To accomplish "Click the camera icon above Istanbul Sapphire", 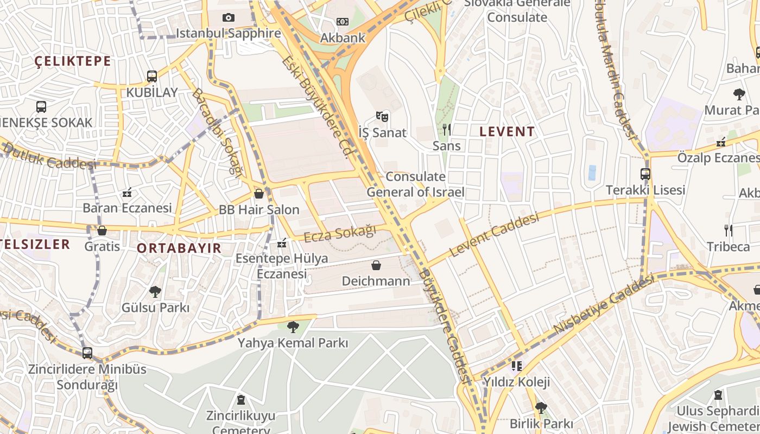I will click(229, 18).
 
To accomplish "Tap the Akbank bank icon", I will click(342, 22).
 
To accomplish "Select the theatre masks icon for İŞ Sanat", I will click(382, 116).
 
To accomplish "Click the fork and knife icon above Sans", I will click(447, 129).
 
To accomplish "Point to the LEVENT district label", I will click(508, 131).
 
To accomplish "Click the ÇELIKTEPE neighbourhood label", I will click(73, 61).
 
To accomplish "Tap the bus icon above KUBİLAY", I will click(152, 76).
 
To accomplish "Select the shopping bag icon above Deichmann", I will click(376, 265).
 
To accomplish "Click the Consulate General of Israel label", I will click(415, 184).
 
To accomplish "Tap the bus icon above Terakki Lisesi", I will click(645, 174).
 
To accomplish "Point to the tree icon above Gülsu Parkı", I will click(155, 292).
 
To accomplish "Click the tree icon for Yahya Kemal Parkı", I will click(293, 327).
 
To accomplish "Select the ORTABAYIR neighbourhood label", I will click(179, 248).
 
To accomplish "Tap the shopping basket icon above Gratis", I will click(102, 231).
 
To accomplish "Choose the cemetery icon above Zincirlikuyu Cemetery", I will click(241, 400).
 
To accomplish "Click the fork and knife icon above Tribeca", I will click(729, 231).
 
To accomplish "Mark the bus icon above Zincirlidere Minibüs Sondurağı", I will click(87, 353).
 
